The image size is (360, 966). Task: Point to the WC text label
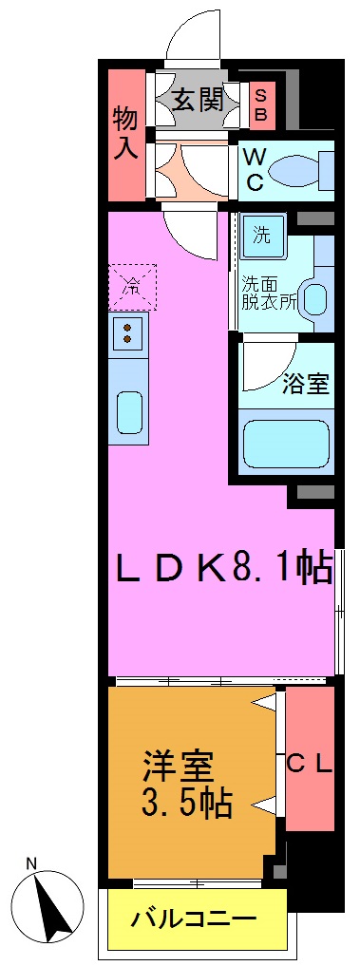(255, 169)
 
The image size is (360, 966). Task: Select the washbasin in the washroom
(313, 298)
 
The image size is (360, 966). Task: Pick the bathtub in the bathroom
(286, 441)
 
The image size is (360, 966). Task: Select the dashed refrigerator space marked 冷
(131, 284)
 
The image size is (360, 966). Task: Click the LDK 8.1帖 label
(223, 569)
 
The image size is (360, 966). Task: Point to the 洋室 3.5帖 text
(188, 785)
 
